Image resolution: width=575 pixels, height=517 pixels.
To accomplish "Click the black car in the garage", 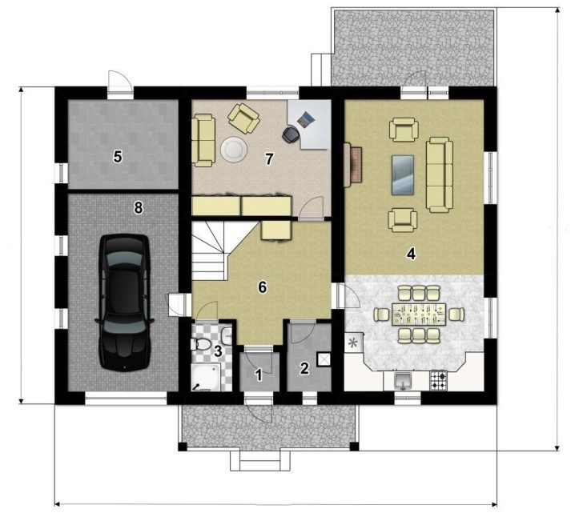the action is pos(124,303).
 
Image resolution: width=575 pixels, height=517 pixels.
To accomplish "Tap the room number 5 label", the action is pos(118,157).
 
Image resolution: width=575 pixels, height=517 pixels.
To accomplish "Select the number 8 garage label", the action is pos(138,208).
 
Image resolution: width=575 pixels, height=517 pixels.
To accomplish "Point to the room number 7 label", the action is pos(270,159).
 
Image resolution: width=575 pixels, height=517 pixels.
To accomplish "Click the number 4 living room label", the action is pos(411,254).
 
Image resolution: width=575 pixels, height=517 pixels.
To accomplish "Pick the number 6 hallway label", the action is pos(262,287).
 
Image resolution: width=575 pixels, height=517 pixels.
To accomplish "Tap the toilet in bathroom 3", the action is pos(200,344).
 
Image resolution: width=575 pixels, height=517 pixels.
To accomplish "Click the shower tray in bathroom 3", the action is pos(206,377).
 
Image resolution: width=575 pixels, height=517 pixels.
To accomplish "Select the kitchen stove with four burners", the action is pos(438,381).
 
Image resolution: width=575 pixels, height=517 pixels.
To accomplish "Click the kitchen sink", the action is pos(403,381).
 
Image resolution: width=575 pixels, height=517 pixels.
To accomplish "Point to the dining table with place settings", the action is pos(418,314).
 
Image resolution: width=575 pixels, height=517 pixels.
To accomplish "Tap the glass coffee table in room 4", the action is pos(403,174).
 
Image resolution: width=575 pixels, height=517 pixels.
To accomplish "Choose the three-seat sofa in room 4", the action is pos(439,174).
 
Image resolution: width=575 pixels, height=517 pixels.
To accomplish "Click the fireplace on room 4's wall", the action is pos(353,165).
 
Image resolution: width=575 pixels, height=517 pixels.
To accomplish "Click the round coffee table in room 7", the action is pos(234,150).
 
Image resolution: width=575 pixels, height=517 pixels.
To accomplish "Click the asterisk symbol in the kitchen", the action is pos(353,343).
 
